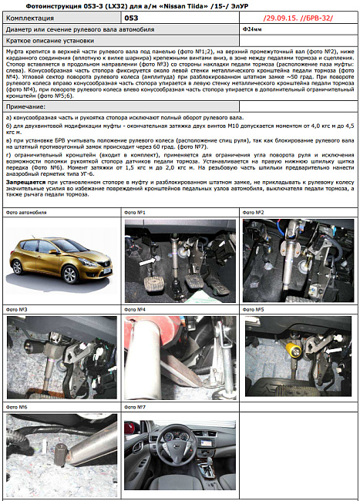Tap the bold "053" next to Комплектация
[x=132, y=16]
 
